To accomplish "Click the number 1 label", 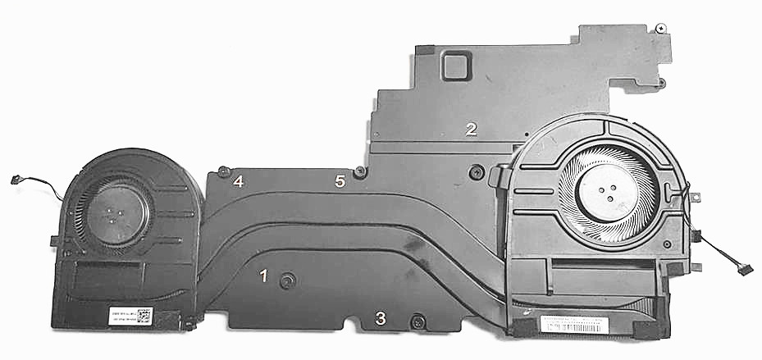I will tap(263, 276).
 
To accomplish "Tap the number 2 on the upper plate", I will tap(471, 129).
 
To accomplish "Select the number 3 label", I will tap(381, 318).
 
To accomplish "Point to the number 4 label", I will tap(238, 181).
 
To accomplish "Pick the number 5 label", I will tap(340, 180).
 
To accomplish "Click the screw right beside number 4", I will tap(223, 171).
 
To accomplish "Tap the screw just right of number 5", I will tap(359, 172).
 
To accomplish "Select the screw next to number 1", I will tap(286, 281).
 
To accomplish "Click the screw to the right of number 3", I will tap(417, 321).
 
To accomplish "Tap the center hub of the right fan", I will tap(609, 194).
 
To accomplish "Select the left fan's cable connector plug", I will tap(15, 180).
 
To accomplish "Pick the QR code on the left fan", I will tap(144, 316).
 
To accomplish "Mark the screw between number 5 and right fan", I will tap(474, 173).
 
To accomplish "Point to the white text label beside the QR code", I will tap(120, 317).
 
